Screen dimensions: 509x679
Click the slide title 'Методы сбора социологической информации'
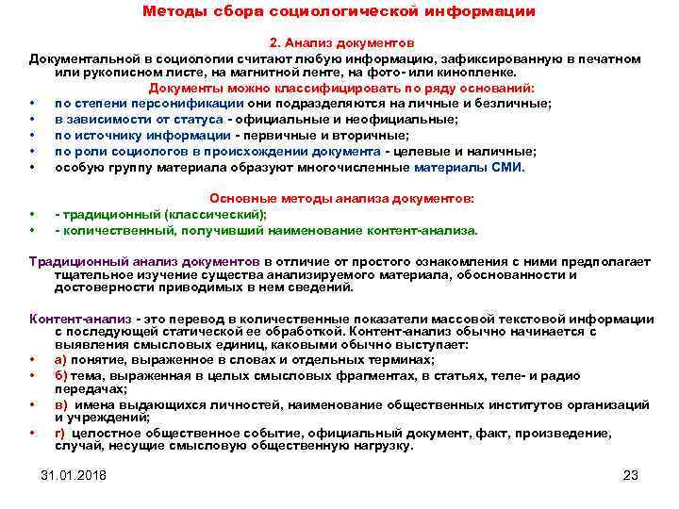339,12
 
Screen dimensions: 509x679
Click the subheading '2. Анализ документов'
340,43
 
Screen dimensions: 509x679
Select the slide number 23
631,475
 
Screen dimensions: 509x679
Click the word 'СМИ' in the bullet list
506,167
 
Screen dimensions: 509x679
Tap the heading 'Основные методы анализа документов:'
340,199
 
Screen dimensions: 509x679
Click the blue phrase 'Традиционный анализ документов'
144,261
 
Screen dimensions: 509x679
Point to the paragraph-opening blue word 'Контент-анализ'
79,320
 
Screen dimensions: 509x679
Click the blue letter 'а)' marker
60,359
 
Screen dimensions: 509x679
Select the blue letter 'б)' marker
60,374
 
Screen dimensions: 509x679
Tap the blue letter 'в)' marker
60,404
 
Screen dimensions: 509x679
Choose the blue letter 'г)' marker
60,434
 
